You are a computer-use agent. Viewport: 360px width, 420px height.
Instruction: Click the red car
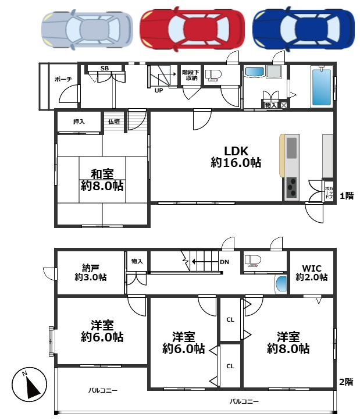coord(192,29)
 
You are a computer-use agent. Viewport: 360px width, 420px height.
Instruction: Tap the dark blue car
coord(304,29)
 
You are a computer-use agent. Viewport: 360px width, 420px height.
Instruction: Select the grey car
coord(87,30)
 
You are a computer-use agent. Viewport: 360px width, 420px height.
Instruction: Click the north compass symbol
coord(29,385)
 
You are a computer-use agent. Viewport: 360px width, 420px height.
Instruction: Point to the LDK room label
coord(236,157)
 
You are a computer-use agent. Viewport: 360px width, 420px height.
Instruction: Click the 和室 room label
coord(102,180)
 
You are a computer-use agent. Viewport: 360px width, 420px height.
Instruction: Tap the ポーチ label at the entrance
coord(63,79)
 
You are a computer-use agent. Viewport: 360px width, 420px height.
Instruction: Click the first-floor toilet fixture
coord(213,75)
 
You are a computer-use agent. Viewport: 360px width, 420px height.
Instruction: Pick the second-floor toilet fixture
coord(253,261)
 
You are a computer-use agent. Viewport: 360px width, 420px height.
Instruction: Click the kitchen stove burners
coord(292,187)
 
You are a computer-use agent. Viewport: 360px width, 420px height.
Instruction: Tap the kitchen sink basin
coord(292,148)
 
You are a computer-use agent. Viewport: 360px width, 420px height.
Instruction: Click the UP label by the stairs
coord(159,91)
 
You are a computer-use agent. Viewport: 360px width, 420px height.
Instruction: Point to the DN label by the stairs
coord(224,262)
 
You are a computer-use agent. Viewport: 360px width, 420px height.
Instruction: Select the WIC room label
coord(312,272)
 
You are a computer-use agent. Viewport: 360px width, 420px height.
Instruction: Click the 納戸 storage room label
coord(91,272)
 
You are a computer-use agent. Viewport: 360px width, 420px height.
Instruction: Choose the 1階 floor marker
coord(347,196)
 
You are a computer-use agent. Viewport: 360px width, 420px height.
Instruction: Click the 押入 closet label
coord(79,122)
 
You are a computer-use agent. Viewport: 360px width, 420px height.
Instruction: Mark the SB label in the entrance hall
coord(105,68)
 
